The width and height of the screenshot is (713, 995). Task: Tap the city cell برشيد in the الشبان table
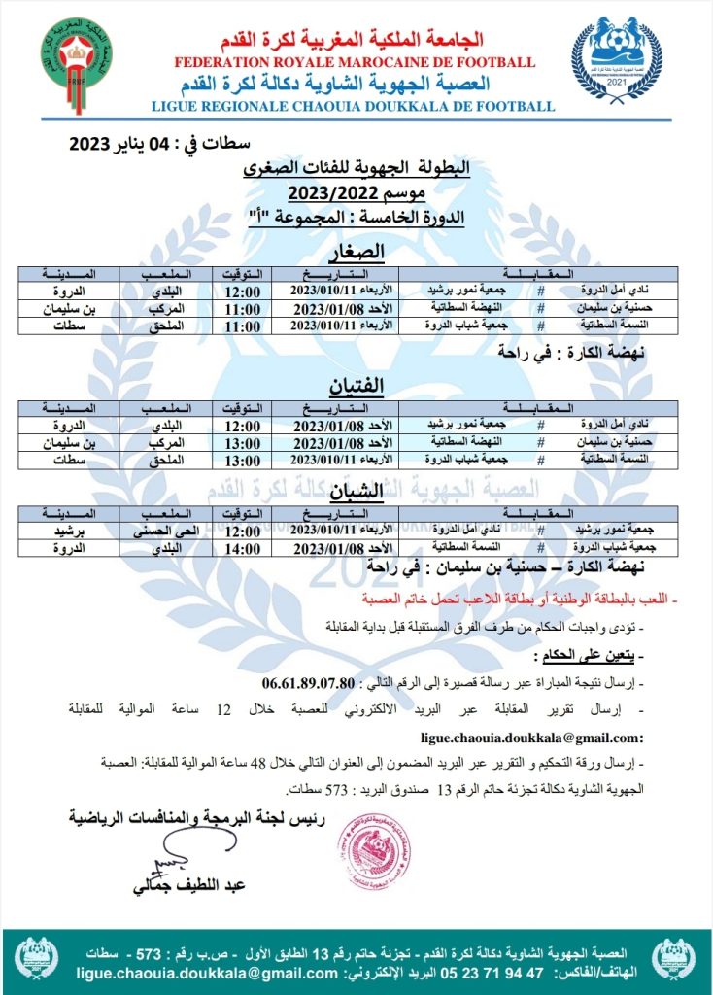pyautogui.click(x=66, y=532)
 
